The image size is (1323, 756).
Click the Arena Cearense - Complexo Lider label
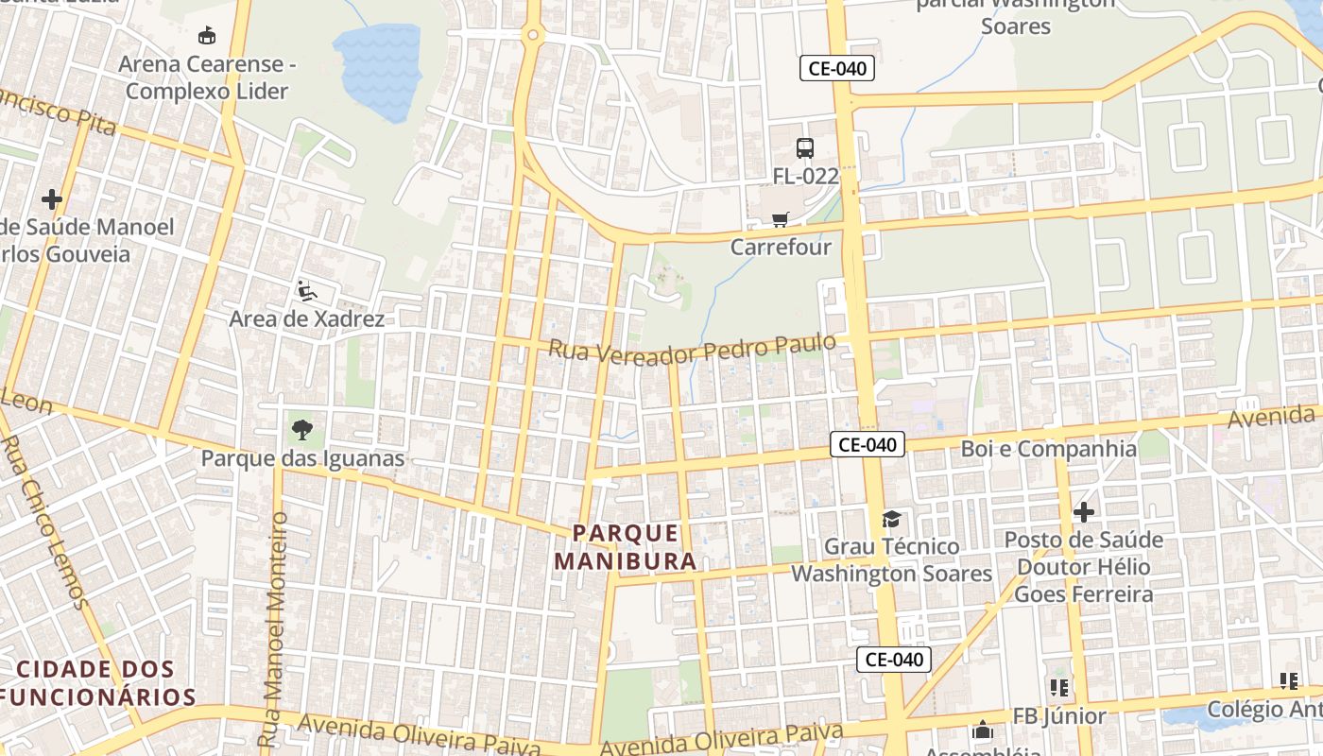(207, 77)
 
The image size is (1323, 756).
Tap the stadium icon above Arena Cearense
(206, 36)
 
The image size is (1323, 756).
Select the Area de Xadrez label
(306, 318)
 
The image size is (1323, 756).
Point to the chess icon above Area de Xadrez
(306, 290)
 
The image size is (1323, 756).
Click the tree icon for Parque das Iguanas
(302, 430)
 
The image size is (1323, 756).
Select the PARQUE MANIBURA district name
(626, 547)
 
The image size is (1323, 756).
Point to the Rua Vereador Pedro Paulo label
(692, 349)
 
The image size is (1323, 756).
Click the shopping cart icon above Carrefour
(781, 220)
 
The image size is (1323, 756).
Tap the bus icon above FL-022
(805, 148)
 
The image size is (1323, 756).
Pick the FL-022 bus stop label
(805, 176)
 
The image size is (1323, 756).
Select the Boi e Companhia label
(1049, 449)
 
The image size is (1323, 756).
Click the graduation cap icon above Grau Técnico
(891, 519)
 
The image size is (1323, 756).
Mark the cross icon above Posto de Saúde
(1084, 512)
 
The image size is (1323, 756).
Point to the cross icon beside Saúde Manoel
(52, 199)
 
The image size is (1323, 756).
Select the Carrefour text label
(781, 248)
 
